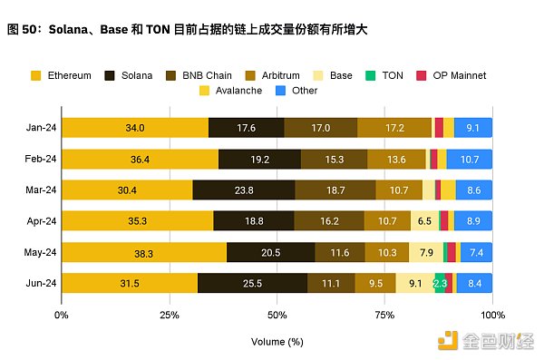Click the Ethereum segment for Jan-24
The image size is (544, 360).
(135, 128)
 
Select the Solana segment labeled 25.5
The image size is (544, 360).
(252, 283)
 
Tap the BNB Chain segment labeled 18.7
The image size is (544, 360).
(335, 190)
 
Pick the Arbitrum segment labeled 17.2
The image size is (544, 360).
(394, 128)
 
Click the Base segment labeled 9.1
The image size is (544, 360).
(414, 283)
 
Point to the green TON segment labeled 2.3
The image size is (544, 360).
(440, 283)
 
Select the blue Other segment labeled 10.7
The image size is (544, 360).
(471, 159)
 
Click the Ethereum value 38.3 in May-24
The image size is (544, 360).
(144, 252)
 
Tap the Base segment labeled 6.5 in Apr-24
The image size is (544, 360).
(424, 221)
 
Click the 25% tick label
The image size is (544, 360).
(169, 315)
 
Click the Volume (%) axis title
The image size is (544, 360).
(277, 343)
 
